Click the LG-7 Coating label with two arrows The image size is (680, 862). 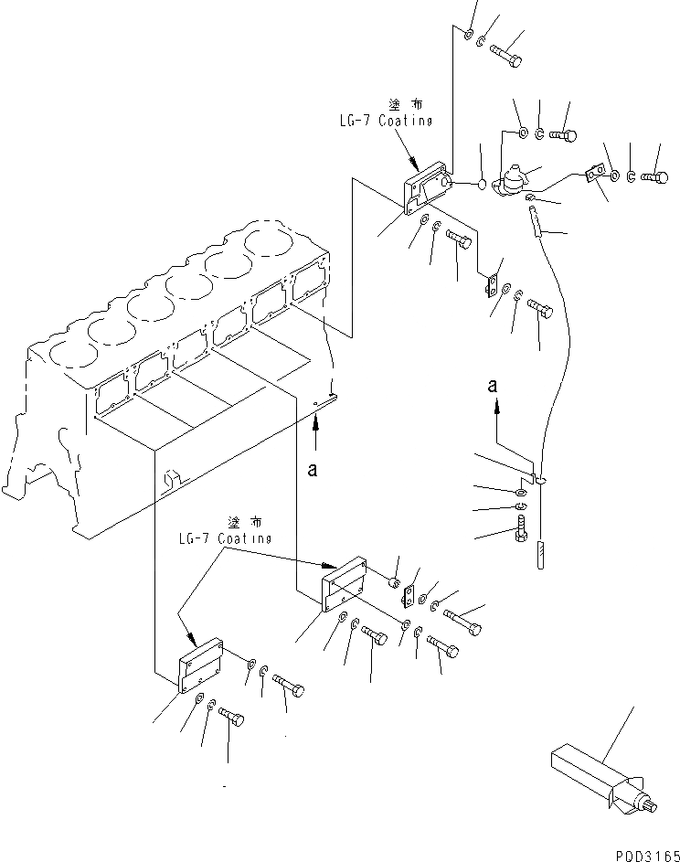(x=225, y=531)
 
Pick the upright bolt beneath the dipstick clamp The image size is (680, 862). (x=520, y=529)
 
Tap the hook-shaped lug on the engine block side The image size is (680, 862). (x=172, y=477)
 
